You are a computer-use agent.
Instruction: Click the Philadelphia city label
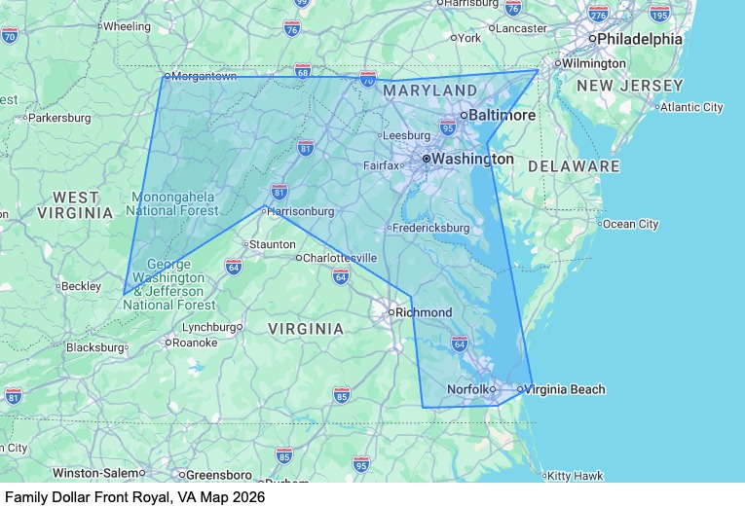(x=640, y=39)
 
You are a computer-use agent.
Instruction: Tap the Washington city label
(x=472, y=158)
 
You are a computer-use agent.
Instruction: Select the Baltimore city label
(x=502, y=115)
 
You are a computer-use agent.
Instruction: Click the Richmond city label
(x=423, y=312)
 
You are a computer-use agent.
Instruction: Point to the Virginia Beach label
(x=566, y=389)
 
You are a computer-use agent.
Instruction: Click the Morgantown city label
(x=205, y=76)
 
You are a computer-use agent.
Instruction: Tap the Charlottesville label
(x=340, y=258)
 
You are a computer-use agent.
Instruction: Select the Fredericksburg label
(x=431, y=228)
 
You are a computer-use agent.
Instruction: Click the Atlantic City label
(x=691, y=107)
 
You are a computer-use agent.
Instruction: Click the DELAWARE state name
(x=574, y=166)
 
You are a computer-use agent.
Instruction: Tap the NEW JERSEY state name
(x=629, y=87)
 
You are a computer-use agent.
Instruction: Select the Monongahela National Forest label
(x=173, y=203)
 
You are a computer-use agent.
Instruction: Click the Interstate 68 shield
(x=303, y=71)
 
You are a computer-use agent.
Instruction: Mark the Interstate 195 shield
(x=659, y=14)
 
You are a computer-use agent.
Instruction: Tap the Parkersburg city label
(x=59, y=118)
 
